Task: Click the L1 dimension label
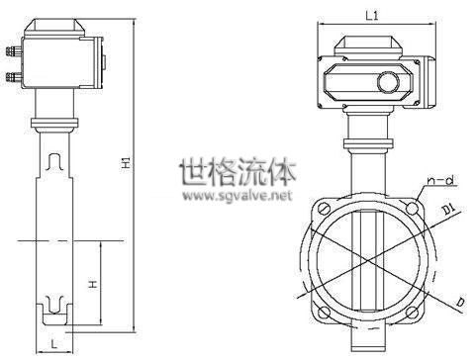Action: pyautogui.click(x=372, y=16)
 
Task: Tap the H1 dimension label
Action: pyautogui.click(x=127, y=163)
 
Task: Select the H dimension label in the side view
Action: pyautogui.click(x=93, y=284)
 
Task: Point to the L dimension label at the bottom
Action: pyautogui.click(x=54, y=344)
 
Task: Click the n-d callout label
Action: pyautogui.click(x=440, y=180)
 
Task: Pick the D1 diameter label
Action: pyautogui.click(x=448, y=210)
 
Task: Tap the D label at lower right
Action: pyautogui.click(x=460, y=302)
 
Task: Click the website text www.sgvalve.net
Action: pyautogui.click(x=238, y=196)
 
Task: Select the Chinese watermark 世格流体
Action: pyautogui.click(x=238, y=171)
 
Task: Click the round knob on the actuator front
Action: pyautogui.click(x=388, y=82)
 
